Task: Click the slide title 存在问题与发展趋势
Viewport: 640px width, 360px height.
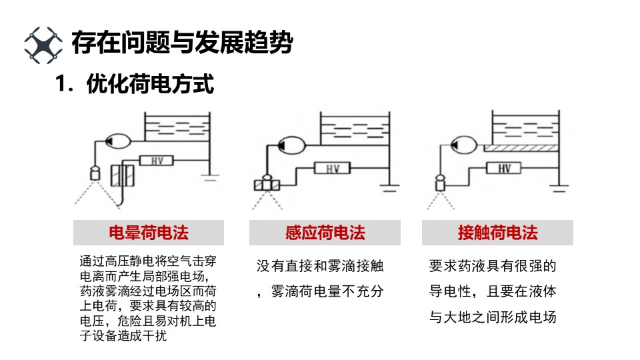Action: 182,43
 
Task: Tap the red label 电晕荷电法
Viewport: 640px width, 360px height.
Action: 148,233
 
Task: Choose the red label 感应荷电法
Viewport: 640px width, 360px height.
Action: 325,233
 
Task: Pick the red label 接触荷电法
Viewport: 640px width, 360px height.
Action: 497,233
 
